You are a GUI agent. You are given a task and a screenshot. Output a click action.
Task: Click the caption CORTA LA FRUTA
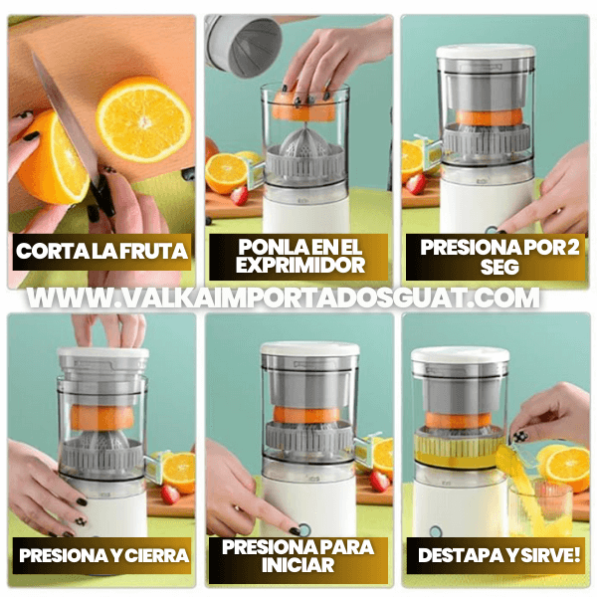point(102,252)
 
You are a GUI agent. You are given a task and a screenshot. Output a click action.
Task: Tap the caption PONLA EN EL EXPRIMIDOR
point(299,256)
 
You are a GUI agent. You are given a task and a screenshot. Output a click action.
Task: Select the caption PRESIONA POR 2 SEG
point(499,257)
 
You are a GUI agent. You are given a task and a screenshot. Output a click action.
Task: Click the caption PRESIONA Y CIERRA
point(103,555)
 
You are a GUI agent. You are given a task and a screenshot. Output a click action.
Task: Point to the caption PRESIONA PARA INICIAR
point(298,556)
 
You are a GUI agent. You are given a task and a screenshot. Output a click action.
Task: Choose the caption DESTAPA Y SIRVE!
point(499,555)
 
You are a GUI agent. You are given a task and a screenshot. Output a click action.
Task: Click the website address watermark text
point(283,298)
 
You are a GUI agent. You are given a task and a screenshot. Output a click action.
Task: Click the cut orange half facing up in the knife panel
point(143,119)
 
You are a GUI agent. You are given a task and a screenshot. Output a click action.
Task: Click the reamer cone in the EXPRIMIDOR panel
point(304,144)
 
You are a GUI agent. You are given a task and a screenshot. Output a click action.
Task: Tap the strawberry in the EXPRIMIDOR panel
point(239,196)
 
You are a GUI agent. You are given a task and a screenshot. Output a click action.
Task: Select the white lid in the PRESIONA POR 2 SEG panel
point(486,52)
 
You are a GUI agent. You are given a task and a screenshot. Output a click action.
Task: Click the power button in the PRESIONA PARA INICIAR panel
point(304,529)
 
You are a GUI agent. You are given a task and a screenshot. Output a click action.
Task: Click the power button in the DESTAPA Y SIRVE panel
point(435,531)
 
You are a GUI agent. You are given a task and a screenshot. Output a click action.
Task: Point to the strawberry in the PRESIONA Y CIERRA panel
point(170,495)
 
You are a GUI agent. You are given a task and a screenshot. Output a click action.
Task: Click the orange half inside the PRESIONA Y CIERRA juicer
point(102,418)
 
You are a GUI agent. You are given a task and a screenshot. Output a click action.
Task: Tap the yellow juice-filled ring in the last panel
point(459,450)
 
